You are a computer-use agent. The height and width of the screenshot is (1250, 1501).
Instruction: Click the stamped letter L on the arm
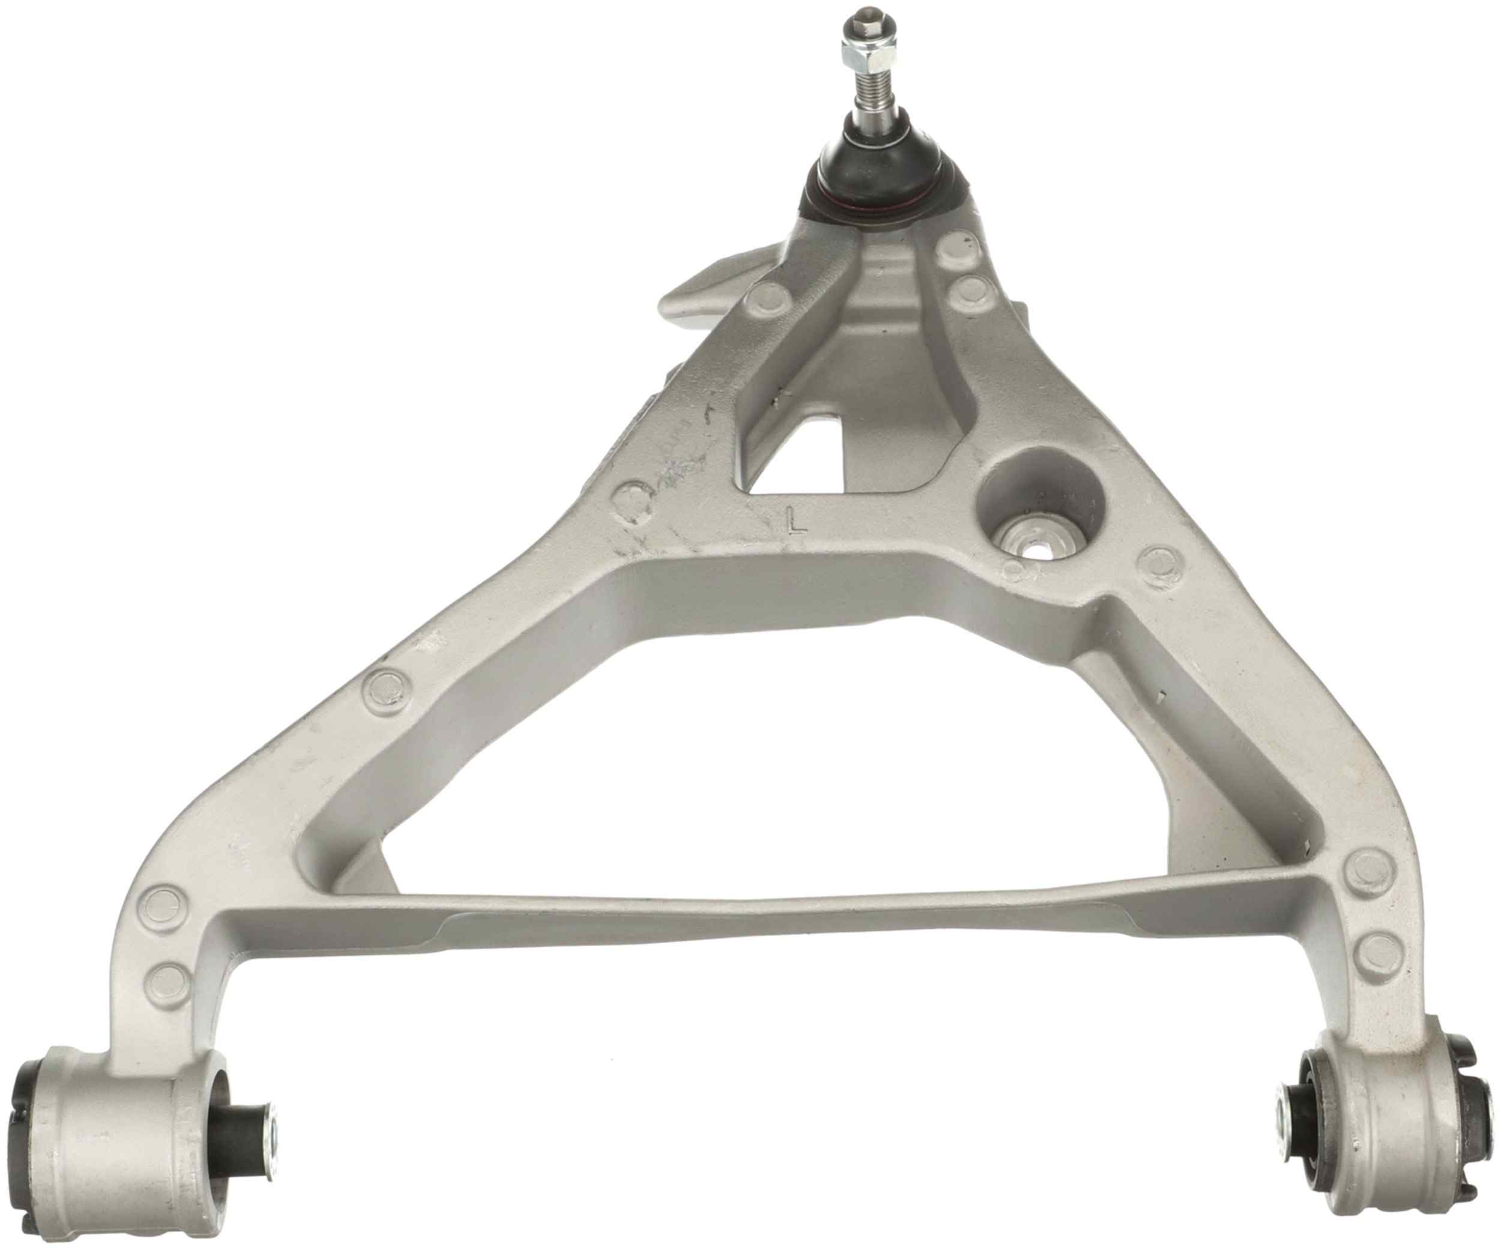click(794, 522)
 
